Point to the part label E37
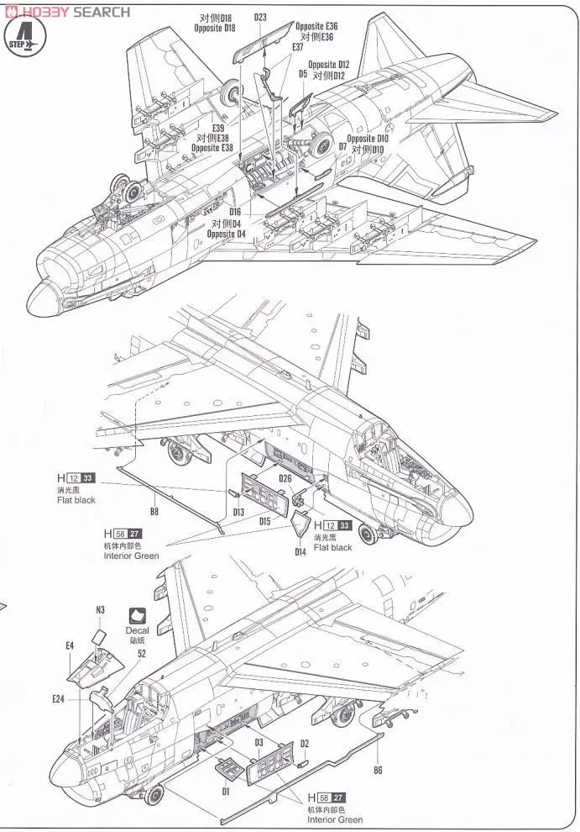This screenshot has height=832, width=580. click(298, 47)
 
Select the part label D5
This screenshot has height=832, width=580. click(302, 73)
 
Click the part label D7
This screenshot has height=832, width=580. click(342, 145)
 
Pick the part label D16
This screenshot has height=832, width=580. click(234, 212)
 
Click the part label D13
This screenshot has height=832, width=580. click(238, 512)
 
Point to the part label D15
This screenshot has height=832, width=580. click(264, 521)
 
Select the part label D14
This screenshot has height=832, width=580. click(300, 551)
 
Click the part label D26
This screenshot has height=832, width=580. click(285, 479)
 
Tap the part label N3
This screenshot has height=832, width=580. click(101, 609)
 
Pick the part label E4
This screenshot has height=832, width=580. click(71, 645)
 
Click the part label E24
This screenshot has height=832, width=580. click(58, 698)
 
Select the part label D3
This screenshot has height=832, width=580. click(259, 742)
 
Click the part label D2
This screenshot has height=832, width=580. click(305, 743)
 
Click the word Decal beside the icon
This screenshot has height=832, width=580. click(137, 629)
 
